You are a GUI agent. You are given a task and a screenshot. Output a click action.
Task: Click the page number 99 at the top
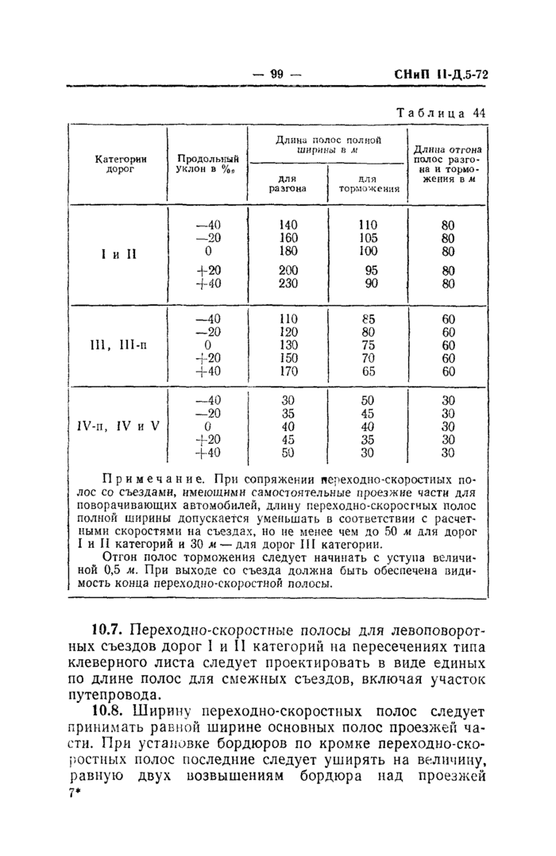tap(277, 75)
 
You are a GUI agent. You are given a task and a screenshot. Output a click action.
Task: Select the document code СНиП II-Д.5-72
tap(441, 75)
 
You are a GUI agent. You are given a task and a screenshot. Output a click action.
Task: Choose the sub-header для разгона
tap(288, 183)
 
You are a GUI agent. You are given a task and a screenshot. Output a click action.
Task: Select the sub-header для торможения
tap(368, 183)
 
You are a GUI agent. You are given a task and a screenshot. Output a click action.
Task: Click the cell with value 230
tap(288, 283)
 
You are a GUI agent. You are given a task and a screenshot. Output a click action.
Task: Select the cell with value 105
tap(368, 238)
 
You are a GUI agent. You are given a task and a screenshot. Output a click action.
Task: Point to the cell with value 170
tap(288, 371)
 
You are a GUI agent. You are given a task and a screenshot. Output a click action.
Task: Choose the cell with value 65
tap(368, 371)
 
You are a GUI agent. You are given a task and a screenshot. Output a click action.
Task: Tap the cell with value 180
tap(288, 252)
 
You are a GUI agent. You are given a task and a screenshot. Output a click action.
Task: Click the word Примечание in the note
tap(146, 480)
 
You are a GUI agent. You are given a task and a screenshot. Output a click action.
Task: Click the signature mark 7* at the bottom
tap(75, 795)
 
